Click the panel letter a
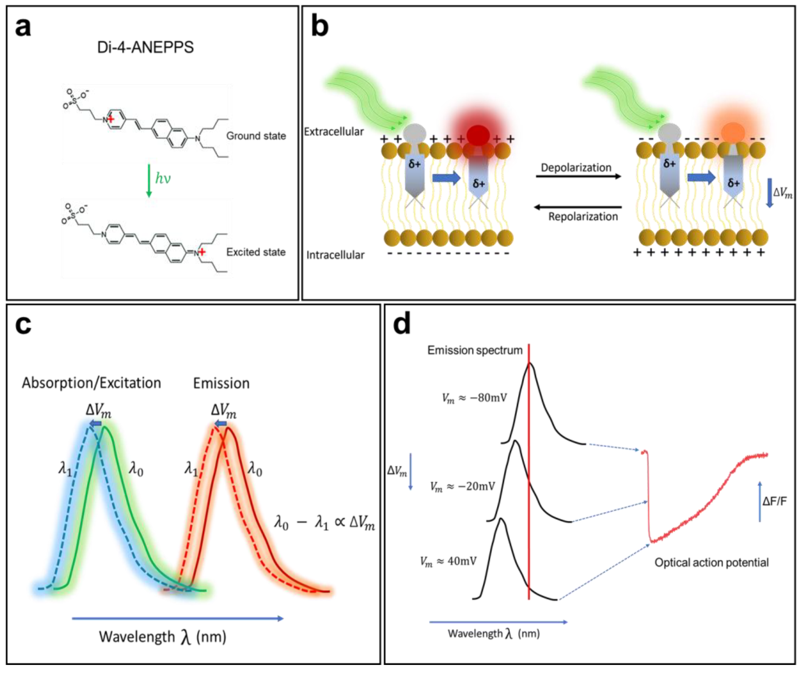(23, 28)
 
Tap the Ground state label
(256, 136)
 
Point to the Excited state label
(256, 252)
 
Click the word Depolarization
(576, 168)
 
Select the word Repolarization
(583, 217)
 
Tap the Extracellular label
(334, 132)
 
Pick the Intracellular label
(335, 255)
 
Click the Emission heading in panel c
(221, 383)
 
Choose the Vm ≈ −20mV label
(462, 486)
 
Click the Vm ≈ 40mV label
(448, 562)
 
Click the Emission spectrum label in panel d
(475, 350)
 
